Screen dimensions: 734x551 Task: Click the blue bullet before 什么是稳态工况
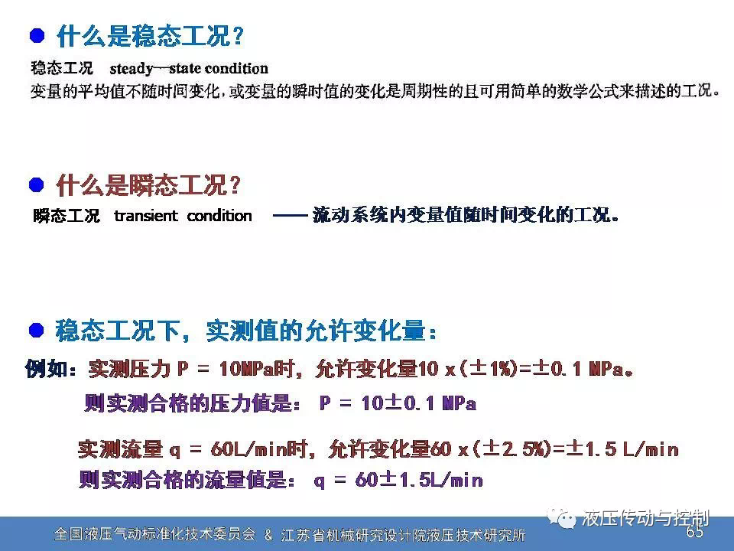click(x=37, y=36)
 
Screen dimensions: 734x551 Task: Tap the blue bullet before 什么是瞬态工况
click(x=37, y=184)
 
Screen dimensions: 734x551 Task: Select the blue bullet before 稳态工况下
click(x=37, y=331)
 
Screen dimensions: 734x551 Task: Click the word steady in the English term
click(x=131, y=70)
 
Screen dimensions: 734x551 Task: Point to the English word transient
click(x=146, y=216)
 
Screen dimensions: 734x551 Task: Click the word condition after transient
click(x=219, y=216)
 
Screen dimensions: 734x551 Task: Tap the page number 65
click(x=694, y=532)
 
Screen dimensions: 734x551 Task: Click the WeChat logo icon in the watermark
click(x=562, y=518)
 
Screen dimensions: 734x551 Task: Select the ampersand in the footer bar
click(x=268, y=535)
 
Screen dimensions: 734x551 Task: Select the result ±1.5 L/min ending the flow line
click(x=622, y=449)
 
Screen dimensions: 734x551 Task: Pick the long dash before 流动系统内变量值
click(x=291, y=216)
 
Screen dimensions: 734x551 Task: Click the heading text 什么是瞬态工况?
click(x=148, y=184)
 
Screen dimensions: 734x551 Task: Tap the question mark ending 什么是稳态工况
click(x=238, y=36)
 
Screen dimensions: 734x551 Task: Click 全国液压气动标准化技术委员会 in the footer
click(x=155, y=534)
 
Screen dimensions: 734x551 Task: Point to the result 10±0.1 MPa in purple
click(x=418, y=403)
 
